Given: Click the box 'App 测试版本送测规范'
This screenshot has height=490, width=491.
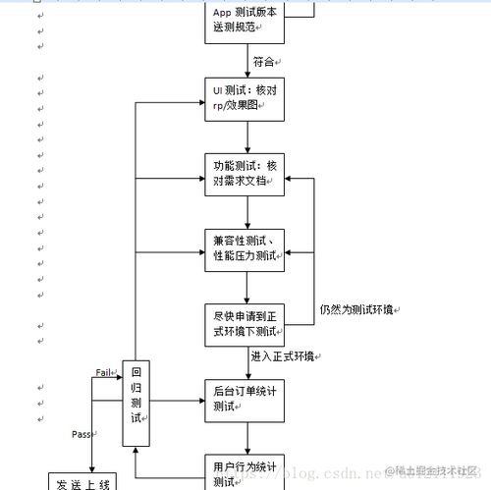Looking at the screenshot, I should click(245, 20).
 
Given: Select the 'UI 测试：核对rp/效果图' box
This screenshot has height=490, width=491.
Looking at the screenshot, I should click(245, 97).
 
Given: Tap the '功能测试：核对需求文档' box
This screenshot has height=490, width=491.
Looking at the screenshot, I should click(245, 174).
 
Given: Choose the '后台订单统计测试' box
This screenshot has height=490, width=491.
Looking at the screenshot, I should click(245, 401).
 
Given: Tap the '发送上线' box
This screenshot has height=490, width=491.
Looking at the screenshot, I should click(82, 481).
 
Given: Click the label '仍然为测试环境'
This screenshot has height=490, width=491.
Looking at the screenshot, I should click(357, 309).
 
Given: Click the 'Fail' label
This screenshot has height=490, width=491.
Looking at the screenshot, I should click(106, 372).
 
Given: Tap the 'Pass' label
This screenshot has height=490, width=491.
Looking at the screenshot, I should click(82, 433).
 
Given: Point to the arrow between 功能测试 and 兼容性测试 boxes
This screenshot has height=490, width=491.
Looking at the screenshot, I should click(245, 211).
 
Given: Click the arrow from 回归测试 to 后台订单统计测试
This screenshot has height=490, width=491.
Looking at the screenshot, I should click(177, 401).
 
